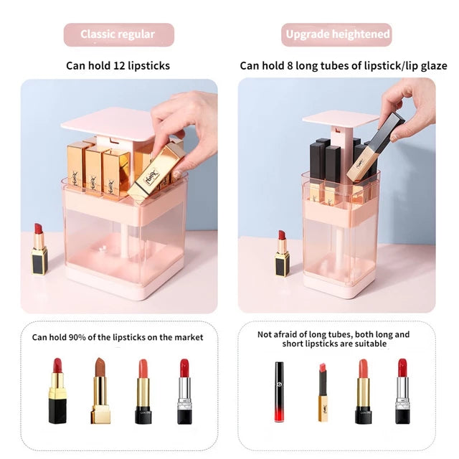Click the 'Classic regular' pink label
119,34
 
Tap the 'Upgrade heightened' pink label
336,34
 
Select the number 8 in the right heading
290,65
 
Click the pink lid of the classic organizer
108,123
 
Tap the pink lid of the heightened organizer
341,120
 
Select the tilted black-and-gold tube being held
376,148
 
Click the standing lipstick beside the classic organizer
39,249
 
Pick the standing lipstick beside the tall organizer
282,253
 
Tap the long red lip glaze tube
279,392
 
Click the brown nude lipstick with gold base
100,390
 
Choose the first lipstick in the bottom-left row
57,391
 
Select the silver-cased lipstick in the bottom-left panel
185,392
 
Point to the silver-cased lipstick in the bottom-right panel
402,392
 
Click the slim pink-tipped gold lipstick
323,392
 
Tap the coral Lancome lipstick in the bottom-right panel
363,392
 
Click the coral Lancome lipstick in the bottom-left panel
143,392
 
